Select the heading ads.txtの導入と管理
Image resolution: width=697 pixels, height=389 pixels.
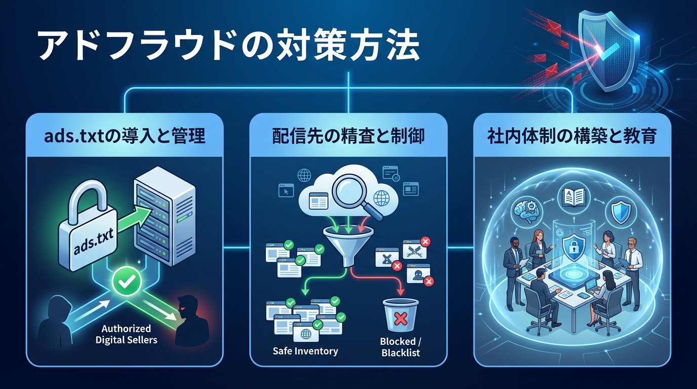tap(125, 135)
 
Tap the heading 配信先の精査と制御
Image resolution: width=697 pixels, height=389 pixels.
tap(348, 135)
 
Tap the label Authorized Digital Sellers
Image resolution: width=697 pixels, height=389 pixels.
tap(126, 334)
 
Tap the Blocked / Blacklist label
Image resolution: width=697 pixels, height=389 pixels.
tap(400, 347)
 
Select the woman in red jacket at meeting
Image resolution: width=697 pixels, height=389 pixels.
tap(537, 243)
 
